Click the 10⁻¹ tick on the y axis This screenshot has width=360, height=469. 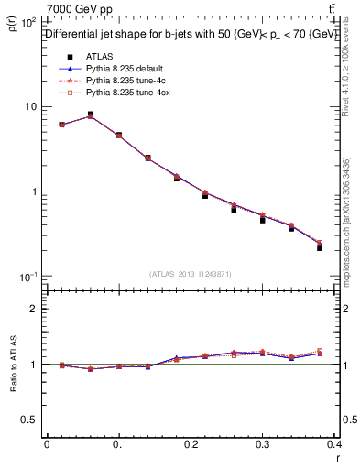pyautogui.click(x=27, y=277)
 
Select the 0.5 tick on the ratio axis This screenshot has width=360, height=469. pyautogui.click(x=30, y=419)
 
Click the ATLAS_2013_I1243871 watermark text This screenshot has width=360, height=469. pyautogui.click(x=191, y=274)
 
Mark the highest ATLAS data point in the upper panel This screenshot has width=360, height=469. pyautogui.click(x=90, y=115)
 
